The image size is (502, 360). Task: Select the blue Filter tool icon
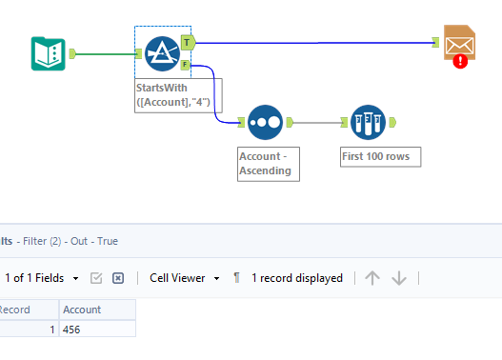click(x=162, y=53)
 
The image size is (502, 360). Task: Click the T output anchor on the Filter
click(x=188, y=42)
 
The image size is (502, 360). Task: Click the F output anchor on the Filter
click(x=187, y=66)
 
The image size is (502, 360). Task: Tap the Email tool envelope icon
click(x=460, y=44)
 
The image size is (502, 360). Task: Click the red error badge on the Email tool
click(x=461, y=61)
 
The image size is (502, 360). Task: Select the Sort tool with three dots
click(x=265, y=122)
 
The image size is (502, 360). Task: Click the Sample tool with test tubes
click(x=368, y=122)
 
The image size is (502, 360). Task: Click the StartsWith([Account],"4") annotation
click(x=178, y=95)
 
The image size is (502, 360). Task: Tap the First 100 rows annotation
click(x=379, y=156)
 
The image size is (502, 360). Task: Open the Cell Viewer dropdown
click(x=185, y=278)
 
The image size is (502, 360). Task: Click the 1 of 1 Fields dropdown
click(x=42, y=278)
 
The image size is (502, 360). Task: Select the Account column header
click(x=95, y=310)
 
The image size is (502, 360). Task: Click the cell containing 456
click(x=95, y=329)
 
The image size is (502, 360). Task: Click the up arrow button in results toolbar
click(x=372, y=278)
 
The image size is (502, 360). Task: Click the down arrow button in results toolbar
click(x=399, y=278)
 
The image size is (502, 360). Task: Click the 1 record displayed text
click(x=296, y=278)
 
